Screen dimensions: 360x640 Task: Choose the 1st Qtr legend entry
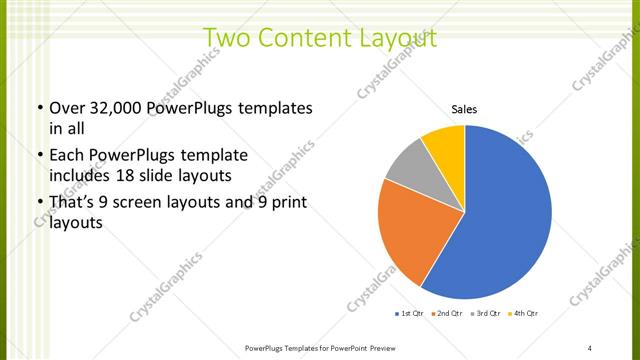pyautogui.click(x=411, y=314)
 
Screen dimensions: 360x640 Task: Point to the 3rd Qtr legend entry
pyautogui.click(x=486, y=314)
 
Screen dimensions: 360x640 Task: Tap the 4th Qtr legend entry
pyautogui.click(x=525, y=314)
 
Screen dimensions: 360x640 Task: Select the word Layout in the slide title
pyautogui.click(x=393, y=39)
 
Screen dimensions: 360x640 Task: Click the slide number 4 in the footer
pyautogui.click(x=589, y=347)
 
